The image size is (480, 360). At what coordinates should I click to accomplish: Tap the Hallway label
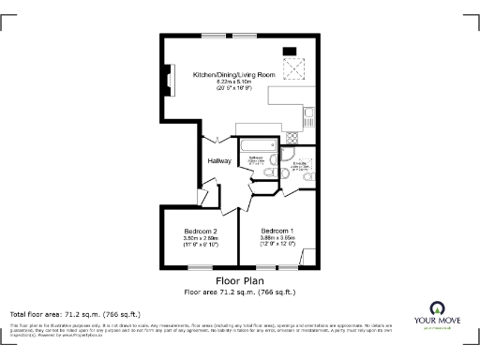(x=220, y=160)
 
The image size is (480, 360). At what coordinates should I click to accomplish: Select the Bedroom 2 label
(x=201, y=232)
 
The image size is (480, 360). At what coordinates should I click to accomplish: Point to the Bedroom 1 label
(x=277, y=232)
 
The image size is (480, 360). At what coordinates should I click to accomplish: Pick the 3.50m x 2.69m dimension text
(x=201, y=239)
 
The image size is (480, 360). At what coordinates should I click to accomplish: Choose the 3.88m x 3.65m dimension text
(x=277, y=239)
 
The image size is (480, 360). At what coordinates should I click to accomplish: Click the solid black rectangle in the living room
(x=290, y=51)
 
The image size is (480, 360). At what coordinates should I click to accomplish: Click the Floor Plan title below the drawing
(x=239, y=280)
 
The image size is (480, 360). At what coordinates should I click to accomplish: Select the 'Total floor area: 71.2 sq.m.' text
(x=75, y=314)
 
